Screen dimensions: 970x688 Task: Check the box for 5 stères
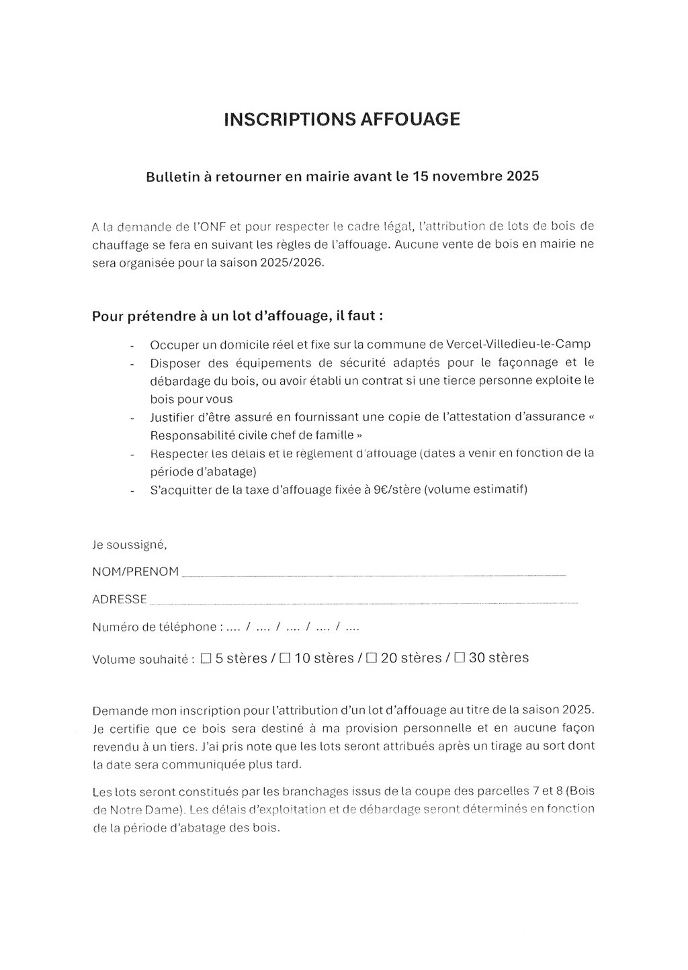point(206,658)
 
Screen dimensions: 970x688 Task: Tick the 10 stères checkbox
point(285,658)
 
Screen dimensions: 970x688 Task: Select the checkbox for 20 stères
point(372,658)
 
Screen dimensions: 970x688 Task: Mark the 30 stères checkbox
point(460,658)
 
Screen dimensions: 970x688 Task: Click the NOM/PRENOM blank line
point(374,573)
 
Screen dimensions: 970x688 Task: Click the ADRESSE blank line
point(363,601)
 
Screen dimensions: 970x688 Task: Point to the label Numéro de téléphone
point(154,627)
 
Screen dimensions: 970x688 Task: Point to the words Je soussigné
point(129,544)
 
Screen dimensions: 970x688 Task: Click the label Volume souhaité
point(140,659)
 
